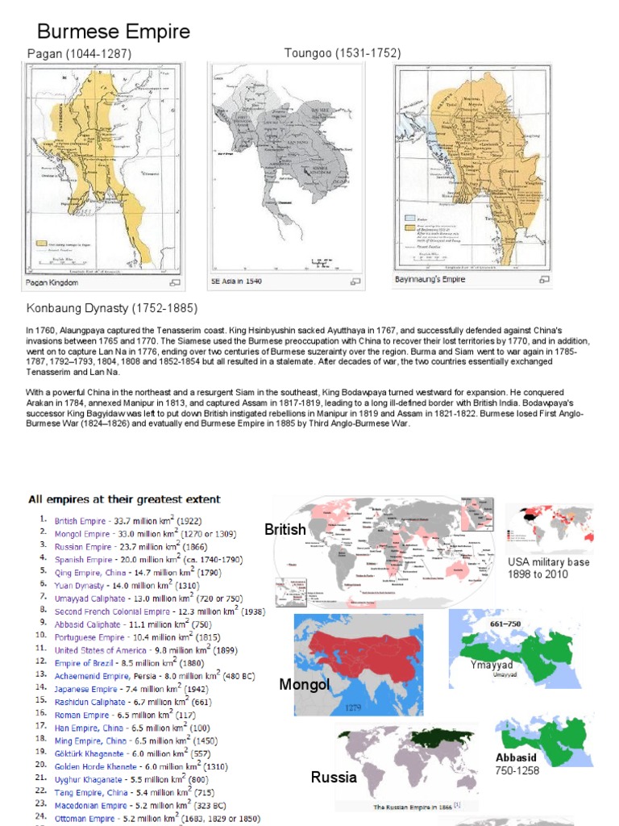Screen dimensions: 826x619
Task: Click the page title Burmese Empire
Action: tap(114, 31)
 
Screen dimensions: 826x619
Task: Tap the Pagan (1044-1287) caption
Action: tap(79, 53)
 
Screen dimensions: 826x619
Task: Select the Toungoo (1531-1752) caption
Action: tap(343, 53)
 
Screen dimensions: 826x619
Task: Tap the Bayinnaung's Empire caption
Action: tap(430, 280)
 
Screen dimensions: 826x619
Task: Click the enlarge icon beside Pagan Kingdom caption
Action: tap(174, 283)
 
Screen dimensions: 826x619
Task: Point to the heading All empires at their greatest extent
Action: tap(125, 499)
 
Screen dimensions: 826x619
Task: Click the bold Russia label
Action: tap(334, 778)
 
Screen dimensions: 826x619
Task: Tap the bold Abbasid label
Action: tap(517, 757)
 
